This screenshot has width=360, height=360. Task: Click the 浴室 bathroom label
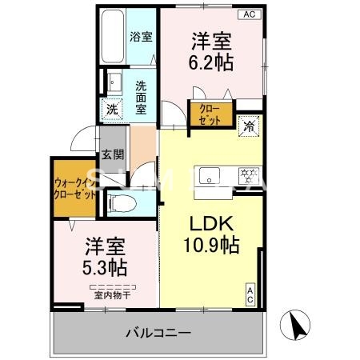(x=141, y=36)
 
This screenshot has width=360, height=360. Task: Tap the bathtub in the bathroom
(x=113, y=36)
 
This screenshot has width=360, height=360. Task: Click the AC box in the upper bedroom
(x=249, y=14)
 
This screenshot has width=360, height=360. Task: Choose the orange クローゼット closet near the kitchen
(x=210, y=114)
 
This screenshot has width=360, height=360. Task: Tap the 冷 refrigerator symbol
(x=250, y=125)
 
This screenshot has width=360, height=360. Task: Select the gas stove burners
(x=249, y=173)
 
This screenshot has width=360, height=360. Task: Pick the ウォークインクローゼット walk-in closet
(x=74, y=187)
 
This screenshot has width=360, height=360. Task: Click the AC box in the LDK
(x=250, y=294)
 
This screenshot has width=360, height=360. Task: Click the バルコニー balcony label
(x=157, y=332)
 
